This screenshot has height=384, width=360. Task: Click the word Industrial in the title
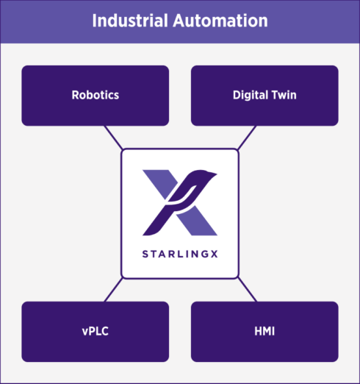tap(130, 21)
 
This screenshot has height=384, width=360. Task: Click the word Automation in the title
tap(220, 21)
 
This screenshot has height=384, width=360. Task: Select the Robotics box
tap(96, 96)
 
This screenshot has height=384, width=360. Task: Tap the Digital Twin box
tap(264, 96)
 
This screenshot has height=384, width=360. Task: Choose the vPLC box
tap(96, 332)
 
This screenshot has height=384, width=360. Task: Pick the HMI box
tap(264, 332)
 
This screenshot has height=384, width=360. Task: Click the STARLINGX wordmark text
tap(180, 254)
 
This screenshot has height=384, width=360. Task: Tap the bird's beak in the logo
tap(214, 174)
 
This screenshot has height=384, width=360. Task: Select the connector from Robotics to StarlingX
tap(113, 138)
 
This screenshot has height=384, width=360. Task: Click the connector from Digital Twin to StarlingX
tap(247, 138)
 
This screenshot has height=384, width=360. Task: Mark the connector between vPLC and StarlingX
tap(113, 290)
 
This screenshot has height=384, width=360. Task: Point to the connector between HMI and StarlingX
tap(247, 290)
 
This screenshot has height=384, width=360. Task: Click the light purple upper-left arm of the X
tap(161, 182)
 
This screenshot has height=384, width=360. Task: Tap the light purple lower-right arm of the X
tap(198, 221)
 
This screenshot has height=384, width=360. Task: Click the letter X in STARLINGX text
tap(214, 254)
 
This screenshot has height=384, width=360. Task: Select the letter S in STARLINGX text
tap(145, 254)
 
